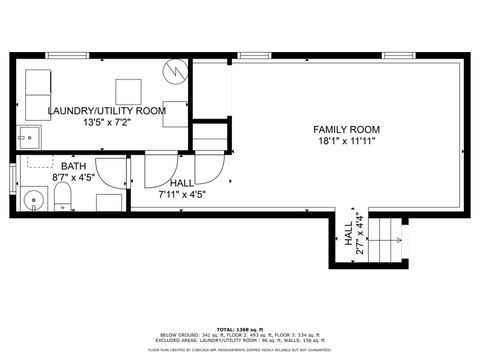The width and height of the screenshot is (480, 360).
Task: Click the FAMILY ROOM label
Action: [346, 130]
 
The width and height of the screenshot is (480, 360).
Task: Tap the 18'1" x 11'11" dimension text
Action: [346, 142]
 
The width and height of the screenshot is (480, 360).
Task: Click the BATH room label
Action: [73, 166]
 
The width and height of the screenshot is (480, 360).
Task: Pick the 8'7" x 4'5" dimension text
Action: [73, 178]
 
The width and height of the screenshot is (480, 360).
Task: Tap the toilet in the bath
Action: [62, 196]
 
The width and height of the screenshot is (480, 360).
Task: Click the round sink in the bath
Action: [34, 200]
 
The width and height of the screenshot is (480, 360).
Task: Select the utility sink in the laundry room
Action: [27, 137]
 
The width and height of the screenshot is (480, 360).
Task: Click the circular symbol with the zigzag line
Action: [176, 71]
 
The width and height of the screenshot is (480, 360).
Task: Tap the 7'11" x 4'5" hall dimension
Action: [182, 196]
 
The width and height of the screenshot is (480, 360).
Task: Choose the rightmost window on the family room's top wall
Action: [398, 55]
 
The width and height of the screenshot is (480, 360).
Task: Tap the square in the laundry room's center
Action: [129, 91]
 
